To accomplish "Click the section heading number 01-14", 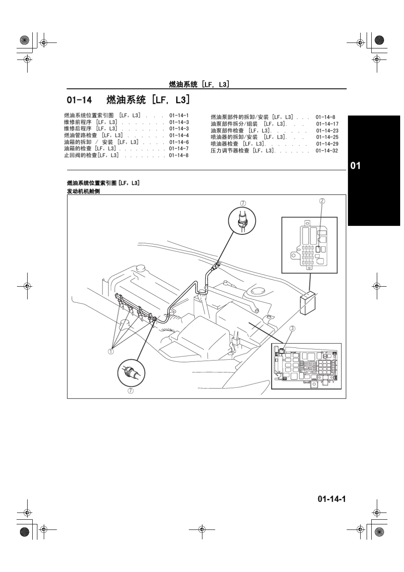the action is coord(79,100).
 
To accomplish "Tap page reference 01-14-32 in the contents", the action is coord(327,151).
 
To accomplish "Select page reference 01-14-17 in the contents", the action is coord(327,124).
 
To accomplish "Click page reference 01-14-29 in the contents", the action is coord(327,144).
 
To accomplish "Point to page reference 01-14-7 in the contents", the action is coord(179,149).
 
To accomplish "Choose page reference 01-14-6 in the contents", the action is coord(179,142).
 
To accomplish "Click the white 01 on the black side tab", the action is coord(356,165).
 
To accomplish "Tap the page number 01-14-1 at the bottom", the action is coord(331,499).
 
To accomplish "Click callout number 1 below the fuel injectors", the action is coord(111,351).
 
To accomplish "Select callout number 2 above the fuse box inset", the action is coord(322,201).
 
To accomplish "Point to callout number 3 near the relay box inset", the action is coord(292,328).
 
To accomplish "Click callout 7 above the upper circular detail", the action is coord(243,203).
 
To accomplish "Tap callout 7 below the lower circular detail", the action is coord(131,390).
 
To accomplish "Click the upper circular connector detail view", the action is coord(242,220).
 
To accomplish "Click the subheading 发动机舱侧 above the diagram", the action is coord(83,191).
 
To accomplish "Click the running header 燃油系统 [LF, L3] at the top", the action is coord(199,84).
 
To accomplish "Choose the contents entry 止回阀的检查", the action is coord(80,155).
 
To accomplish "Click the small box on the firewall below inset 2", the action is coord(307,303).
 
